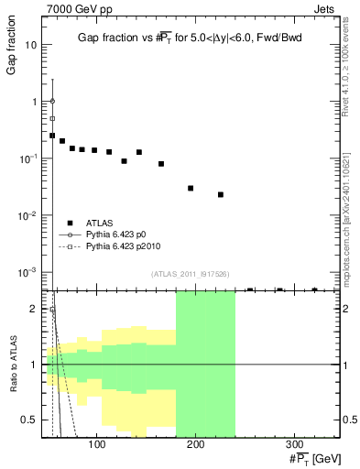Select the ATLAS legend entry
point(97,222)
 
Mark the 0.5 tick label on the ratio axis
point(29,420)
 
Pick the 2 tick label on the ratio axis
point(34,309)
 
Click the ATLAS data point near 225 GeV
point(221,194)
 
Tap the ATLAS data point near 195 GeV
point(191,188)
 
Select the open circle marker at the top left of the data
point(52,101)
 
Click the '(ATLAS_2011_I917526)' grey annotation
point(190,274)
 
